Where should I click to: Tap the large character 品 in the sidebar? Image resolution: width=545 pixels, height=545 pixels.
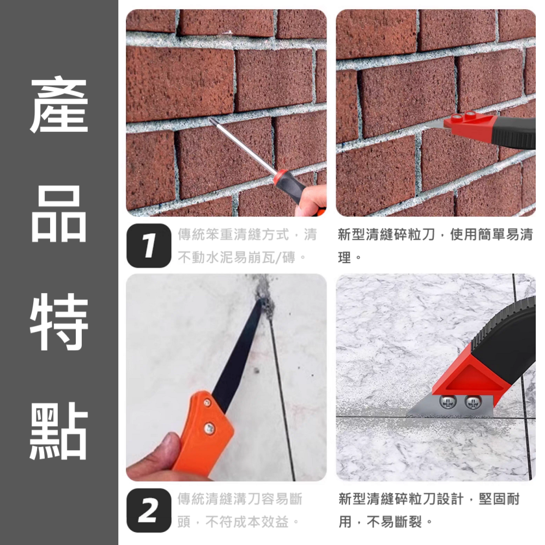pos(58,214)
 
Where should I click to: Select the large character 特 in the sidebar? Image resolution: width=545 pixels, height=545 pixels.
pos(58,323)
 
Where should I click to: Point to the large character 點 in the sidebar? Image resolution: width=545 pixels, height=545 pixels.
pos(58,431)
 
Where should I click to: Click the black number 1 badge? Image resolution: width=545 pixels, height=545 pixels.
pos(148,245)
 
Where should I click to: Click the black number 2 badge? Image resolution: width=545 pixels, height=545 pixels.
pos(148,511)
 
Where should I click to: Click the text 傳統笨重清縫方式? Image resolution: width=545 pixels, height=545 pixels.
pos(234,235)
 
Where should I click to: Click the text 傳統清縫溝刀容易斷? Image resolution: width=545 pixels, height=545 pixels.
pos(240,499)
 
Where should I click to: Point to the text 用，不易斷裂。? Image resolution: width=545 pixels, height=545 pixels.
pos(384,523)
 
